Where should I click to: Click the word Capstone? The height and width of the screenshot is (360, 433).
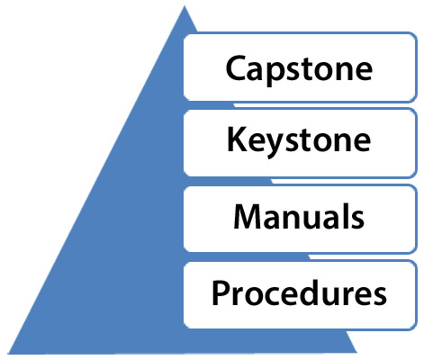pos(300,67)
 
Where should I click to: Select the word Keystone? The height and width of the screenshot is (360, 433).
pos(300,141)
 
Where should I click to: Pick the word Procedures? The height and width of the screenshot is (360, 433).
pos(300,292)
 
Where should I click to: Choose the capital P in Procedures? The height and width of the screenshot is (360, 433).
pos(220,292)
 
